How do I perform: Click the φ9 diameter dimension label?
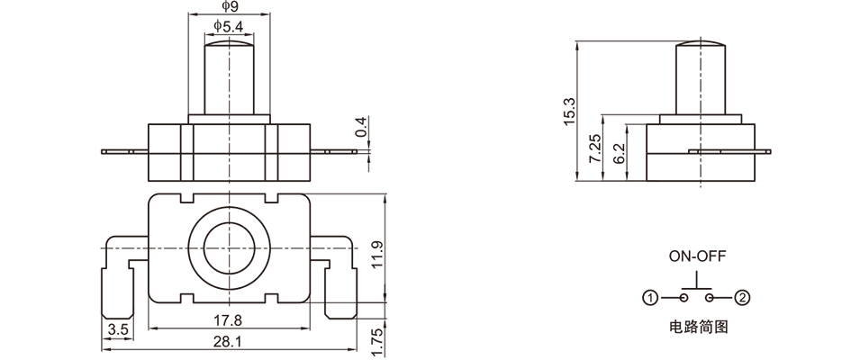tap(228, 8)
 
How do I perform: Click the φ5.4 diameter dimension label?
tap(228, 27)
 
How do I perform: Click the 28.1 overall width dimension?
tap(228, 341)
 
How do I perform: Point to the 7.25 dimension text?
tap(593, 148)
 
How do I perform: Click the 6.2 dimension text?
tap(619, 153)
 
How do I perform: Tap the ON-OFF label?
tap(695, 256)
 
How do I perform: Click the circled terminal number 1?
tap(649, 298)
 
